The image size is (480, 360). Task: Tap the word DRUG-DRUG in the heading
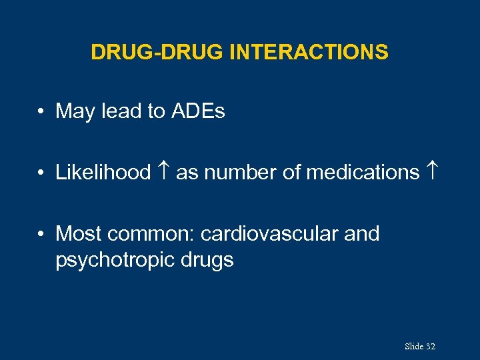point(157,52)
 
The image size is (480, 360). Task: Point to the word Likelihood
point(103,173)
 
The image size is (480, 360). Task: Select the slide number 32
point(430,347)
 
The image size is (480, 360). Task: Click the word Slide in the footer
point(413,347)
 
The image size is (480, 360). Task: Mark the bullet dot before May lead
point(41,112)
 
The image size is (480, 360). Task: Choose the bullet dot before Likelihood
point(41,173)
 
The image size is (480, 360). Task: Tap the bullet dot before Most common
point(41,235)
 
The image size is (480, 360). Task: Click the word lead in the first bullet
point(120,111)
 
